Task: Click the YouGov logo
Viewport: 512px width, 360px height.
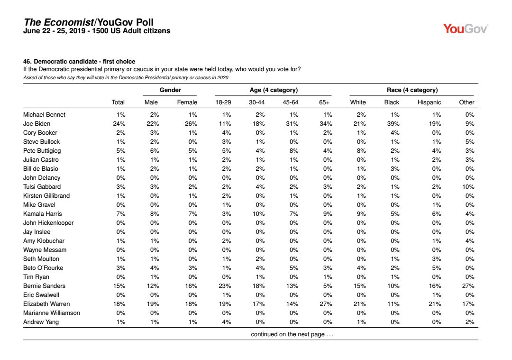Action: (x=466, y=29)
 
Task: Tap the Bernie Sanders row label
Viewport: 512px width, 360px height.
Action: (x=45, y=286)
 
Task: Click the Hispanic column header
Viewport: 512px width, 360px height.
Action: (x=430, y=102)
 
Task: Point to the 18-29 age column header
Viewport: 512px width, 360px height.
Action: (x=224, y=102)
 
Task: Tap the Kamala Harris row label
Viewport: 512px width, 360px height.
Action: (x=42, y=214)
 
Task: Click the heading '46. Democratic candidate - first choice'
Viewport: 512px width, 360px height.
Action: (x=79, y=62)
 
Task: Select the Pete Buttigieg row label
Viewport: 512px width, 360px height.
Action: (x=42, y=151)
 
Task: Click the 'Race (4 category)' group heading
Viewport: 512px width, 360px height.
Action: (x=412, y=90)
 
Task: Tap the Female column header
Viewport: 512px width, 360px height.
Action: (x=187, y=102)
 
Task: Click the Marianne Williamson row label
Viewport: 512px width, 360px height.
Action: (x=51, y=313)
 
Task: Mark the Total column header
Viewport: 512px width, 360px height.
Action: (x=118, y=102)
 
